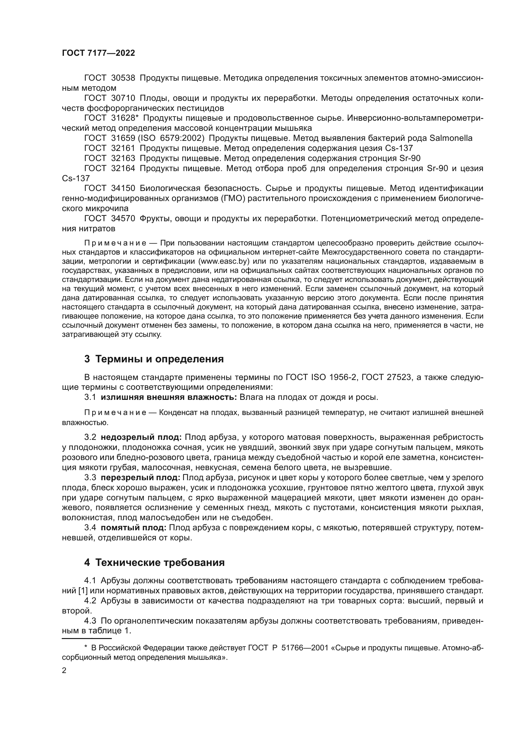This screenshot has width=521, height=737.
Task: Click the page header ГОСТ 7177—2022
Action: click(x=99, y=53)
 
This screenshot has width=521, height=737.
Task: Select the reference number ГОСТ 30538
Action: click(x=109, y=78)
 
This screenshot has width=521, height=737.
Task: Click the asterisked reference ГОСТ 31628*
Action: click(x=111, y=118)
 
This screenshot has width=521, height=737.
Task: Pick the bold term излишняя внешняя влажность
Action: click(x=169, y=397)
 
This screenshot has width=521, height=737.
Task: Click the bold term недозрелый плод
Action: click(x=141, y=438)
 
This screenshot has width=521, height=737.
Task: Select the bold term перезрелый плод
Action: click(x=140, y=478)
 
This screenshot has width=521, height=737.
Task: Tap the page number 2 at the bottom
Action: click(x=64, y=671)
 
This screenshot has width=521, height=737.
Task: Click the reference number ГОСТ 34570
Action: click(x=109, y=219)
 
